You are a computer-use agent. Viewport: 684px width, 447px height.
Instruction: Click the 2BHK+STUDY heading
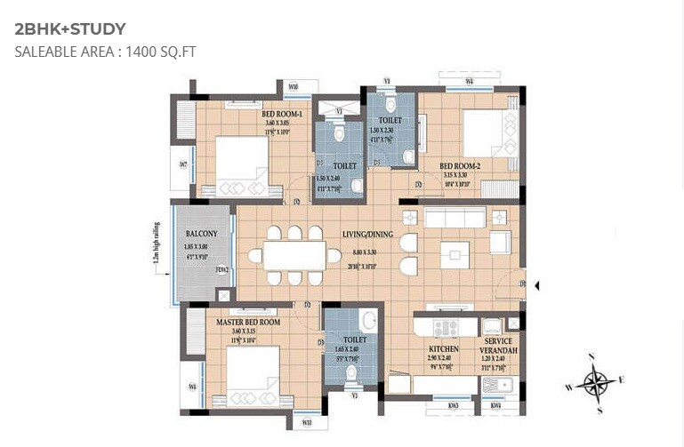[x=70, y=29]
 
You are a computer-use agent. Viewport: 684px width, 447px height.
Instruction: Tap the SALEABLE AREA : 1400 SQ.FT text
[x=105, y=52]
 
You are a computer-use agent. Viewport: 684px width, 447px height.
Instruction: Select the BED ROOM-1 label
[x=282, y=115]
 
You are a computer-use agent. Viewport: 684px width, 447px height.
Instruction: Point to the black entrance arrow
[x=536, y=285]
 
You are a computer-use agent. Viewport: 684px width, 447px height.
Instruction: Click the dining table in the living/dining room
[x=294, y=256]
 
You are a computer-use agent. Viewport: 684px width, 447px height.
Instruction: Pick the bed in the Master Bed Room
[x=254, y=373]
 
